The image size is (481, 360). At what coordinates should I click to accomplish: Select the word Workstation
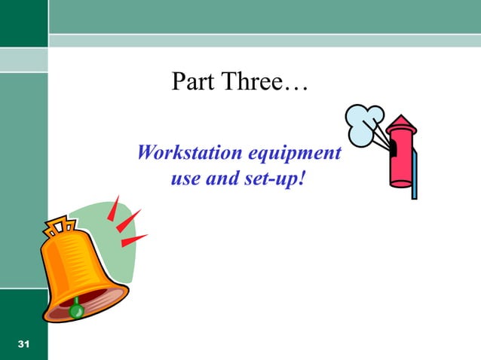tap(184, 154)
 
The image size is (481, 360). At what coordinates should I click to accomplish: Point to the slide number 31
tap(23, 344)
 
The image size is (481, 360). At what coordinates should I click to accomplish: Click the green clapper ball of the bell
tap(75, 309)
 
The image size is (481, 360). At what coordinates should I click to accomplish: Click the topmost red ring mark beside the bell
tap(114, 207)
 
